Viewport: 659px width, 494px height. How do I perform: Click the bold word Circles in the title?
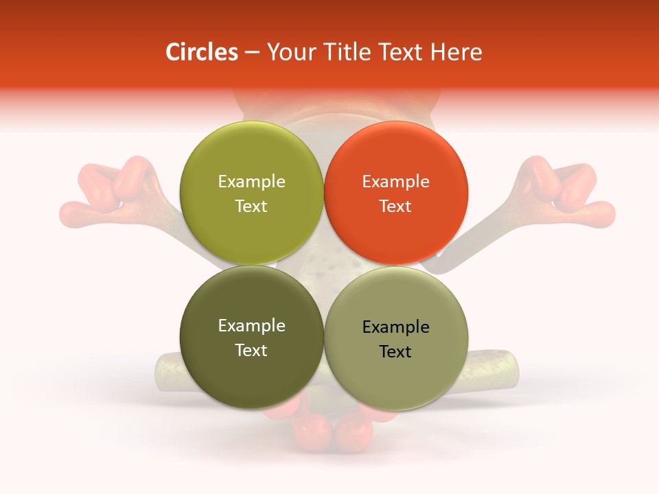click(x=201, y=52)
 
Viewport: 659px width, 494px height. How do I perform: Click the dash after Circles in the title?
click(x=252, y=53)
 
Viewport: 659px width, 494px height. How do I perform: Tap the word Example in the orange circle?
click(x=395, y=182)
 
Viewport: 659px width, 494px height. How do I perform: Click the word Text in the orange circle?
click(x=395, y=206)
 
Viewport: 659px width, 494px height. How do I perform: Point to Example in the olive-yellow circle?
click(x=251, y=182)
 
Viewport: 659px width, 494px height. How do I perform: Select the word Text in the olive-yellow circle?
click(x=251, y=206)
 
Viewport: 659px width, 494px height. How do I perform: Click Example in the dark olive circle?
click(x=251, y=326)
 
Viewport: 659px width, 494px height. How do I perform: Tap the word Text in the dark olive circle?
click(x=251, y=350)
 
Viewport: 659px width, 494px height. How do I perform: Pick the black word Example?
click(x=395, y=327)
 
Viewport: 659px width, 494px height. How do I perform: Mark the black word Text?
click(x=395, y=351)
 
